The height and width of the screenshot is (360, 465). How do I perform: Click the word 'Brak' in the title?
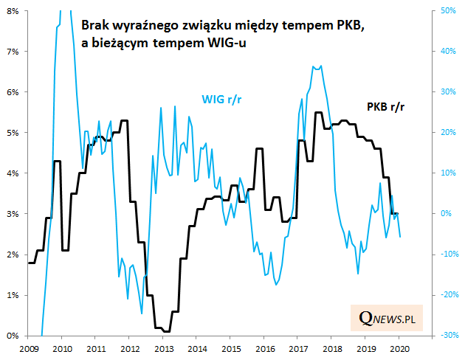94,25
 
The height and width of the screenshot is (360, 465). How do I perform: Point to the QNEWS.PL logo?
385,318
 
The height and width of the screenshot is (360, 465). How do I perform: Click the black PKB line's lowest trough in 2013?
167,331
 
